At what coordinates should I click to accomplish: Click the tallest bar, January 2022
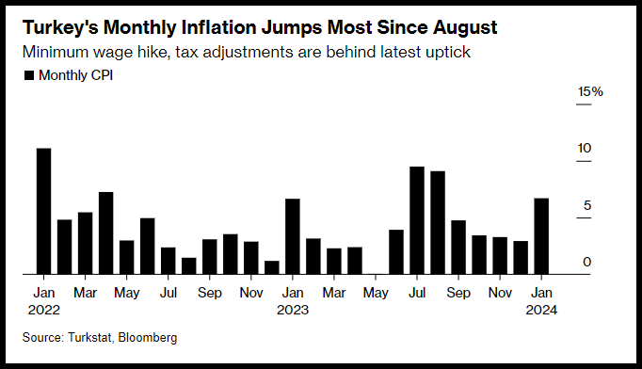[44, 211]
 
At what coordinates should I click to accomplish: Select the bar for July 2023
[417, 220]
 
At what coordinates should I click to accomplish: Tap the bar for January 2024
[541, 236]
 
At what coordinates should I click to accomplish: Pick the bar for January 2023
[293, 236]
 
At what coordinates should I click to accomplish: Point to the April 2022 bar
[106, 233]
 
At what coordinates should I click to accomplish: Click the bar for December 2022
[272, 267]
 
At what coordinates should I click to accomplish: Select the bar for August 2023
[438, 222]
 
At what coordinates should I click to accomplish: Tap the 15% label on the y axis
[590, 91]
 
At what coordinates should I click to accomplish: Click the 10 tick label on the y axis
[585, 148]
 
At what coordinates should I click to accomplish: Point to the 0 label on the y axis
[587, 262]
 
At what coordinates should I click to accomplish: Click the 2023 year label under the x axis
[293, 310]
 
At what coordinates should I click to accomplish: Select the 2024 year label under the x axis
[541, 310]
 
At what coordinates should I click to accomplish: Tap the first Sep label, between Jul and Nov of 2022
[210, 293]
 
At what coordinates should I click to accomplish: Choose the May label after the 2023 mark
[376, 294]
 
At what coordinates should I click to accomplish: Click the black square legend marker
[29, 75]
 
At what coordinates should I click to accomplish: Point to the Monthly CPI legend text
[75, 75]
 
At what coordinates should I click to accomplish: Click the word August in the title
[465, 28]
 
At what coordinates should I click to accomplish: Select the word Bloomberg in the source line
[148, 337]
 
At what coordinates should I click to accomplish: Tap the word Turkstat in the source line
[89, 337]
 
